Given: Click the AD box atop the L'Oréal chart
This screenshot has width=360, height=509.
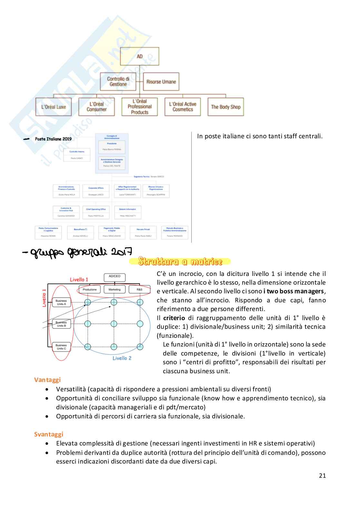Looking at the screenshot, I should click(x=139, y=56).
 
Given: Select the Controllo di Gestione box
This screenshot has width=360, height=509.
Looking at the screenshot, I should click(x=118, y=82).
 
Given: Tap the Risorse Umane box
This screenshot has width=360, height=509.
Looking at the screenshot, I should click(x=161, y=82).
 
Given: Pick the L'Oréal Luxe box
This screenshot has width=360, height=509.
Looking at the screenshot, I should click(x=54, y=107).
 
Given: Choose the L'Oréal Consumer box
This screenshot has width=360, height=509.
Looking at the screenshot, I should click(x=96, y=107).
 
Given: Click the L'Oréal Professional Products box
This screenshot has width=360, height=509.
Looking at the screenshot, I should click(x=140, y=107).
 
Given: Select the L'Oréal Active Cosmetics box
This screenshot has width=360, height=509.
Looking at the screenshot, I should click(x=183, y=107).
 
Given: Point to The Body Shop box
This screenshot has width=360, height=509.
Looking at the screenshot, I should click(x=226, y=107).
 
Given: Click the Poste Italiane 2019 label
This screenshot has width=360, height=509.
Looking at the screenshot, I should click(x=53, y=139).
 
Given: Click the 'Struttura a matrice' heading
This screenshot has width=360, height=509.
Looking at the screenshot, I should click(x=180, y=261).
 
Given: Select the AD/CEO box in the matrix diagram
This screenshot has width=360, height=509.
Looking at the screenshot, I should click(x=115, y=277).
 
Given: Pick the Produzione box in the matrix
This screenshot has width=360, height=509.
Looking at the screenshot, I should click(x=90, y=289).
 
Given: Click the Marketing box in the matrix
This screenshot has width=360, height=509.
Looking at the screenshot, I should click(x=115, y=289).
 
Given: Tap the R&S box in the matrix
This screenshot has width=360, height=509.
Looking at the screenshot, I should click(x=139, y=289).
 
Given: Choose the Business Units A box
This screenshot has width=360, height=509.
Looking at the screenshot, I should click(x=61, y=302).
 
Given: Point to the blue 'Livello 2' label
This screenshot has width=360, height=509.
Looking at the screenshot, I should click(x=122, y=358).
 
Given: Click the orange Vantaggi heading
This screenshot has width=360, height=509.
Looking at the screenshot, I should click(x=47, y=380).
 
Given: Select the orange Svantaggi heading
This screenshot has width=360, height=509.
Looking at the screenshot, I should click(x=49, y=434).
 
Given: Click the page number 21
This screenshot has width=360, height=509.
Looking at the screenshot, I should click(x=322, y=475).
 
